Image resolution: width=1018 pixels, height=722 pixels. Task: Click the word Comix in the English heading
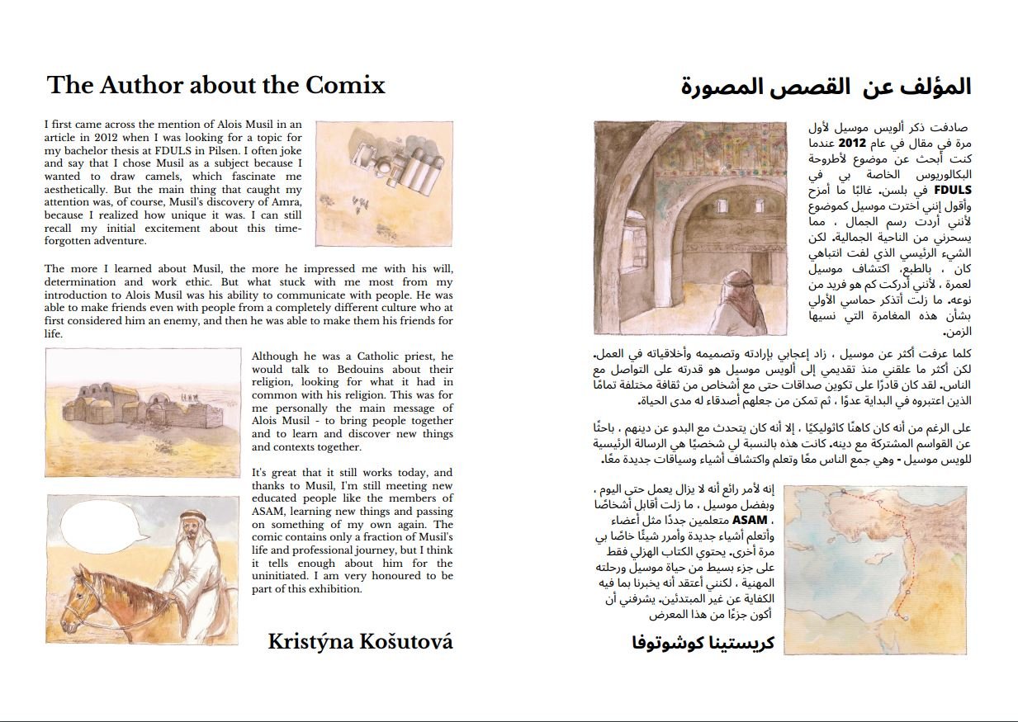(x=346, y=85)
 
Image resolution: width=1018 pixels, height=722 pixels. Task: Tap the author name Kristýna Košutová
(x=360, y=641)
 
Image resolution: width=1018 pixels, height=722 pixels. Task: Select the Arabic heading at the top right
(x=826, y=87)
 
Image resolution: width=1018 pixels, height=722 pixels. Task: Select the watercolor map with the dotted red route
(x=875, y=559)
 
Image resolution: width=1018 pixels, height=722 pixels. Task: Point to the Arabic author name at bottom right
(x=703, y=641)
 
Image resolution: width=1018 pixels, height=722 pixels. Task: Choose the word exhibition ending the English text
(x=330, y=589)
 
